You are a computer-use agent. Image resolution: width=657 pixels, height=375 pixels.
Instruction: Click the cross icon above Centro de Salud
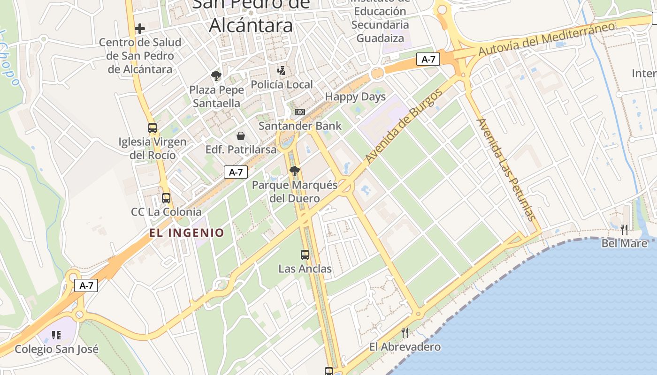coord(139,29)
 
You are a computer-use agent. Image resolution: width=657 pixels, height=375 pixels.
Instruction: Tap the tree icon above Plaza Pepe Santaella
coord(216,76)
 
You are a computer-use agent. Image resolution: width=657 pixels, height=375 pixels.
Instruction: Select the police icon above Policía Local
coord(281,71)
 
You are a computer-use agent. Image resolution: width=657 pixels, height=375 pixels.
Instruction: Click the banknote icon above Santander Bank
coord(300,112)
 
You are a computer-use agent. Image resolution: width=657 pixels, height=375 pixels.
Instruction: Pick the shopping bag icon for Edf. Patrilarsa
coord(241,136)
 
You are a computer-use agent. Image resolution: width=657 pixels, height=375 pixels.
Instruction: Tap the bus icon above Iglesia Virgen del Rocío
coord(153,127)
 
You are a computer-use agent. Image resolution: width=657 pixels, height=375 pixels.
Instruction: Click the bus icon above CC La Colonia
coord(166,198)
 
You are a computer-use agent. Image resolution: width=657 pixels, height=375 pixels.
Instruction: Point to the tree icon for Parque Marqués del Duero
coord(295,171)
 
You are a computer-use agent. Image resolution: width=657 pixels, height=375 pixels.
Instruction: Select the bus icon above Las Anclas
coord(305,255)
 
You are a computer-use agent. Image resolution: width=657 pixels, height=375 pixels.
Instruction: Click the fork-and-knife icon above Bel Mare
coord(624,230)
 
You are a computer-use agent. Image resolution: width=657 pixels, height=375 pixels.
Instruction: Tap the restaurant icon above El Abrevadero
coord(405,333)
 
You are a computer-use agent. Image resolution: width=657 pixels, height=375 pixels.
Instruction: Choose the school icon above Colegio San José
coord(56,335)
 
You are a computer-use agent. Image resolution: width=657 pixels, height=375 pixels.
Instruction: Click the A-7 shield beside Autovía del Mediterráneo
coord(428,59)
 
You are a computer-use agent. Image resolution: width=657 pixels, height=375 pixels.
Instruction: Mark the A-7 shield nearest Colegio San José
coord(86,285)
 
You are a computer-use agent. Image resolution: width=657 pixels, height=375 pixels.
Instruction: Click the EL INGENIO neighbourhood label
coord(187,232)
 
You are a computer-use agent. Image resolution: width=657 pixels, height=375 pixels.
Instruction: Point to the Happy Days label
coord(355,97)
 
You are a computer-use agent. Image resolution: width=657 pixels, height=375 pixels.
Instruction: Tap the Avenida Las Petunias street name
coord(506,169)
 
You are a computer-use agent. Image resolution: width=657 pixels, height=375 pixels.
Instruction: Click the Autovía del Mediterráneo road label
coord(546,39)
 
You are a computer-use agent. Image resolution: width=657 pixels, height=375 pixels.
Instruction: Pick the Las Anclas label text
coord(305,269)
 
